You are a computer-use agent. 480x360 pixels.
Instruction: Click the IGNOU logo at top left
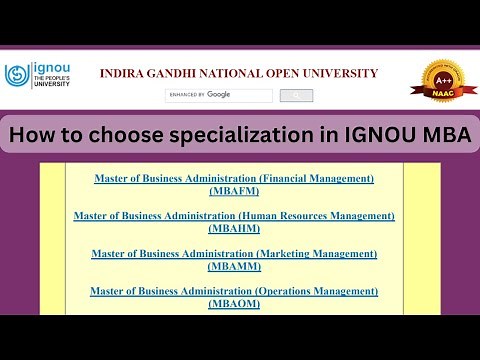pos(40,76)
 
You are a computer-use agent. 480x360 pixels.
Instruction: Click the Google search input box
pos(219,95)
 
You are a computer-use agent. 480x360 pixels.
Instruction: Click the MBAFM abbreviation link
pos(234,189)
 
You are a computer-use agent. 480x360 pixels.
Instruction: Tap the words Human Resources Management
pos(325,215)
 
